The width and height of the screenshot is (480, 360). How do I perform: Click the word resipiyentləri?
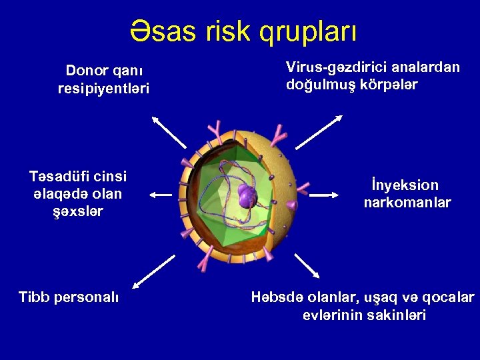coord(103,89)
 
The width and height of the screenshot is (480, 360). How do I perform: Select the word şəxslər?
coord(77,211)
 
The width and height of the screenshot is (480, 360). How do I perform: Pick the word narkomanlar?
coord(407,202)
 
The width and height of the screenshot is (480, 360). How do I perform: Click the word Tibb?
coord(34,297)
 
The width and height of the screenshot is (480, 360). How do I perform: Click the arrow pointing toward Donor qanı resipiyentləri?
coord(169,131)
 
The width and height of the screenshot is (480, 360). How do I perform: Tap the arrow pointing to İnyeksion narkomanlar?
coord(325,195)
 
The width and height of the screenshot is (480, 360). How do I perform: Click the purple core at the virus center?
coord(247,196)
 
